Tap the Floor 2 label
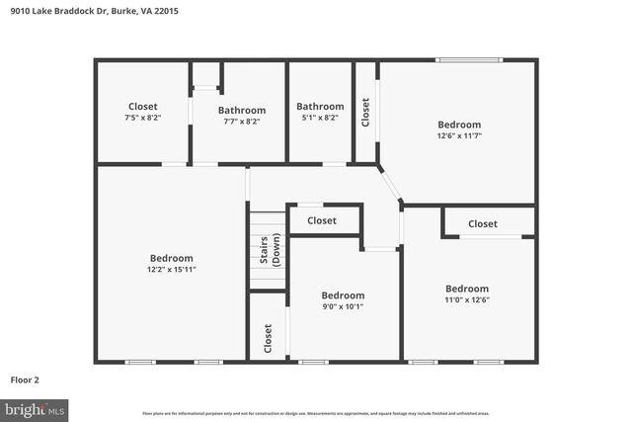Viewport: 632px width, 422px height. click(25, 380)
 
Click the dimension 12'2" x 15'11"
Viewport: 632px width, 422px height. click(171, 270)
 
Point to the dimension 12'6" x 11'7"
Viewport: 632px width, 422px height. click(459, 136)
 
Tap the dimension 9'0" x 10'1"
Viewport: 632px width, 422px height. click(343, 306)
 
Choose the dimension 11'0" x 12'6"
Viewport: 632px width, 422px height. click(467, 300)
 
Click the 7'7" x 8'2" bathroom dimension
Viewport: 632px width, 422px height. click(242, 122)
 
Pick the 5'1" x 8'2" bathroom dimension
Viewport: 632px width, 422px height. click(320, 118)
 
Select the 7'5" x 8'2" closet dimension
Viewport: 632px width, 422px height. click(142, 118)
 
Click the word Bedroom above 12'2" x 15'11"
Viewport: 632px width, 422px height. click(171, 258)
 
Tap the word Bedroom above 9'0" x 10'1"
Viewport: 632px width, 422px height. click(343, 295)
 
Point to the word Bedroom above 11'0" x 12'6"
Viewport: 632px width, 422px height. click(467, 289)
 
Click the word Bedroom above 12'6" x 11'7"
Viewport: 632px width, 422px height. click(459, 125)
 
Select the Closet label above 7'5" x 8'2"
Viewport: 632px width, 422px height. click(142, 107)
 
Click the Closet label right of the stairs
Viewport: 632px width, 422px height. click(321, 220)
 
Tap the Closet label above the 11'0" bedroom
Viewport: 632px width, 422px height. click(483, 223)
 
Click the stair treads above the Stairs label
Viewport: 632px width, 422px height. click(266, 221)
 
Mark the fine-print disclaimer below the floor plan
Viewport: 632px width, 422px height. click(316, 413)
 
